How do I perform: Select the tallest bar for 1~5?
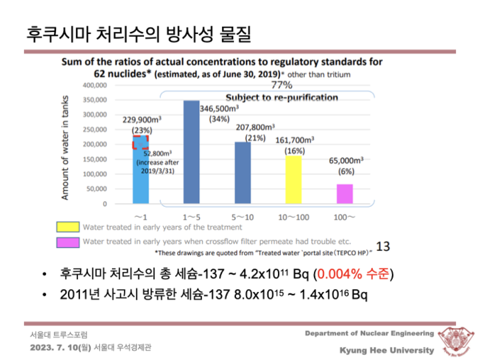tap(191, 152)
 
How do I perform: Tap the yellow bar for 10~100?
tap(294, 179)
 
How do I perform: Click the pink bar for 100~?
tap(345, 193)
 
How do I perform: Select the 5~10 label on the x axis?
tap(242, 214)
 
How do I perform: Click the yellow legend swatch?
tap(69, 227)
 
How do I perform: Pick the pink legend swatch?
tap(69, 242)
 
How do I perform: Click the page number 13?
tap(383, 247)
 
